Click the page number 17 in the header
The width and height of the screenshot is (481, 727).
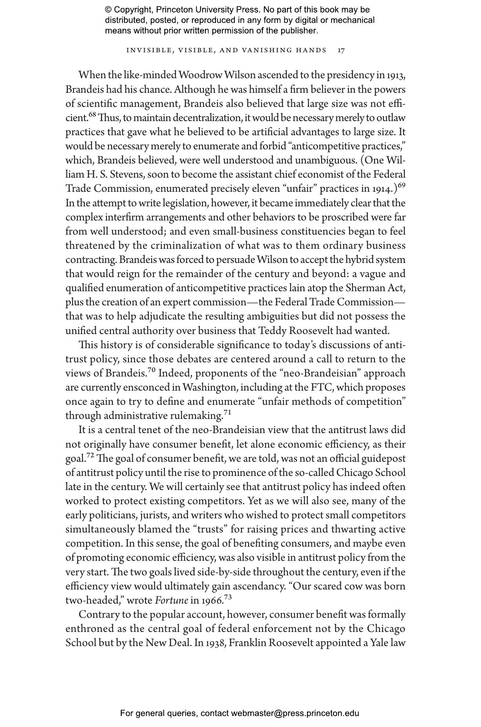(341, 50)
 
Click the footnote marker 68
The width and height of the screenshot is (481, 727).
(92, 115)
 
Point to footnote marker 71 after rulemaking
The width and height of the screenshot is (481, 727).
(227, 413)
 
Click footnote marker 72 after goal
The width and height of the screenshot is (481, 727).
(90, 455)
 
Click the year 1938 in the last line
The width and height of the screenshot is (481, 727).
(215, 643)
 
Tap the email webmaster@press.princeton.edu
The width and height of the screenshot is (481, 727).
(295, 713)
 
